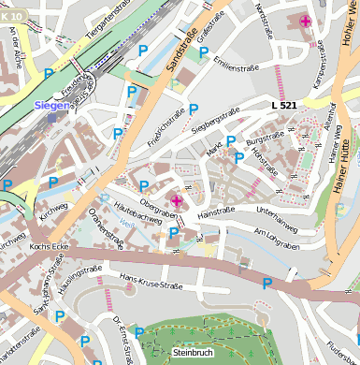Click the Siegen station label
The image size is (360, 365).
coord(52,106)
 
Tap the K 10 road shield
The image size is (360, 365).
coord(11,7)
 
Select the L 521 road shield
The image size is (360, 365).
coord(284,106)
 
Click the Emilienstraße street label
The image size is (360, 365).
coord(235,66)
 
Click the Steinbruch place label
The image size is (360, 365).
coord(193,353)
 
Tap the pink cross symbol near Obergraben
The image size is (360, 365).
coord(177,199)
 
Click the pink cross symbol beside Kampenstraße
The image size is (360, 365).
coord(305,21)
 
